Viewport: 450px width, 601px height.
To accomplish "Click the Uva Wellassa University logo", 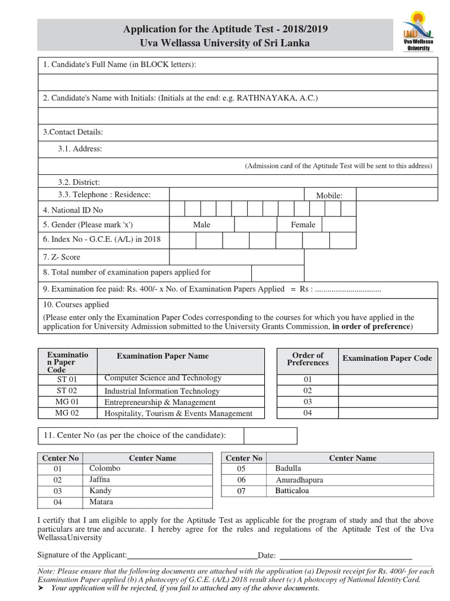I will (x=417, y=34).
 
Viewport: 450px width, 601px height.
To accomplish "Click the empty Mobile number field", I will (x=396, y=194).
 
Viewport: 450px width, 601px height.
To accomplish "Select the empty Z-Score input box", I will (x=237, y=257).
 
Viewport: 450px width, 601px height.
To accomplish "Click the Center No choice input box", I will (x=270, y=435).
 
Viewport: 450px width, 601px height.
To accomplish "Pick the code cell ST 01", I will (x=67, y=380).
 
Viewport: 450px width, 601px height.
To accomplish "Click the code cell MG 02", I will (x=67, y=413).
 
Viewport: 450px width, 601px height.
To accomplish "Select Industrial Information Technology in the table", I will (x=162, y=391).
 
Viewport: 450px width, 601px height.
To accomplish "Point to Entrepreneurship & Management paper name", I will (x=160, y=403).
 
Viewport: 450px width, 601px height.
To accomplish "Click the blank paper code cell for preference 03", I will (x=387, y=402).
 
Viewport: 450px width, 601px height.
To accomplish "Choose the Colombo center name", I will (x=105, y=468).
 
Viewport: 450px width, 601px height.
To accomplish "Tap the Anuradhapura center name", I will (x=299, y=480).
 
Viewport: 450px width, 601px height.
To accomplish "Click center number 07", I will (x=241, y=491).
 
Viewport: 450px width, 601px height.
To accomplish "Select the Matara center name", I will (x=101, y=502).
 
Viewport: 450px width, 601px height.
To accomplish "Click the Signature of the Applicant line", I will (x=192, y=555).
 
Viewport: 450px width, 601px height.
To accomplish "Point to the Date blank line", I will (x=345, y=555).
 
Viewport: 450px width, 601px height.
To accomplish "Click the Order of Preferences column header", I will (x=308, y=359).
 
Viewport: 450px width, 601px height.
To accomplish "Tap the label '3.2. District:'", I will (x=79, y=182).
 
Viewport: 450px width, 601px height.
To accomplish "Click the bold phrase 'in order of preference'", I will (x=371, y=326).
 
